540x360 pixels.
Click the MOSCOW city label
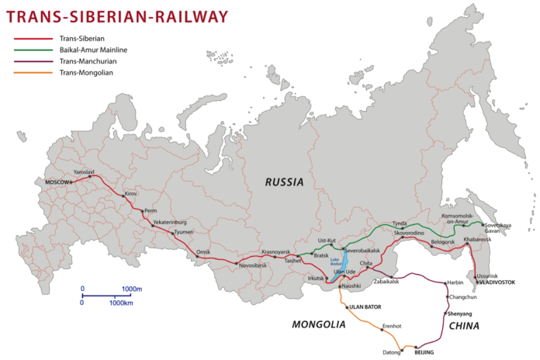[x=57, y=183]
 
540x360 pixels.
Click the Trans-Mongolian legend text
[x=87, y=73]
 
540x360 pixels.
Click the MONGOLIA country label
[x=318, y=324]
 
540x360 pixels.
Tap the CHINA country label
[x=463, y=326]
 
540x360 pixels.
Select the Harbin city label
[x=455, y=282]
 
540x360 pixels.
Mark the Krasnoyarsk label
[x=275, y=252]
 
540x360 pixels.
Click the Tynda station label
[x=399, y=223]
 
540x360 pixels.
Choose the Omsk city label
[x=203, y=252]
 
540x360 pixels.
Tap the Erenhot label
[x=391, y=326]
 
